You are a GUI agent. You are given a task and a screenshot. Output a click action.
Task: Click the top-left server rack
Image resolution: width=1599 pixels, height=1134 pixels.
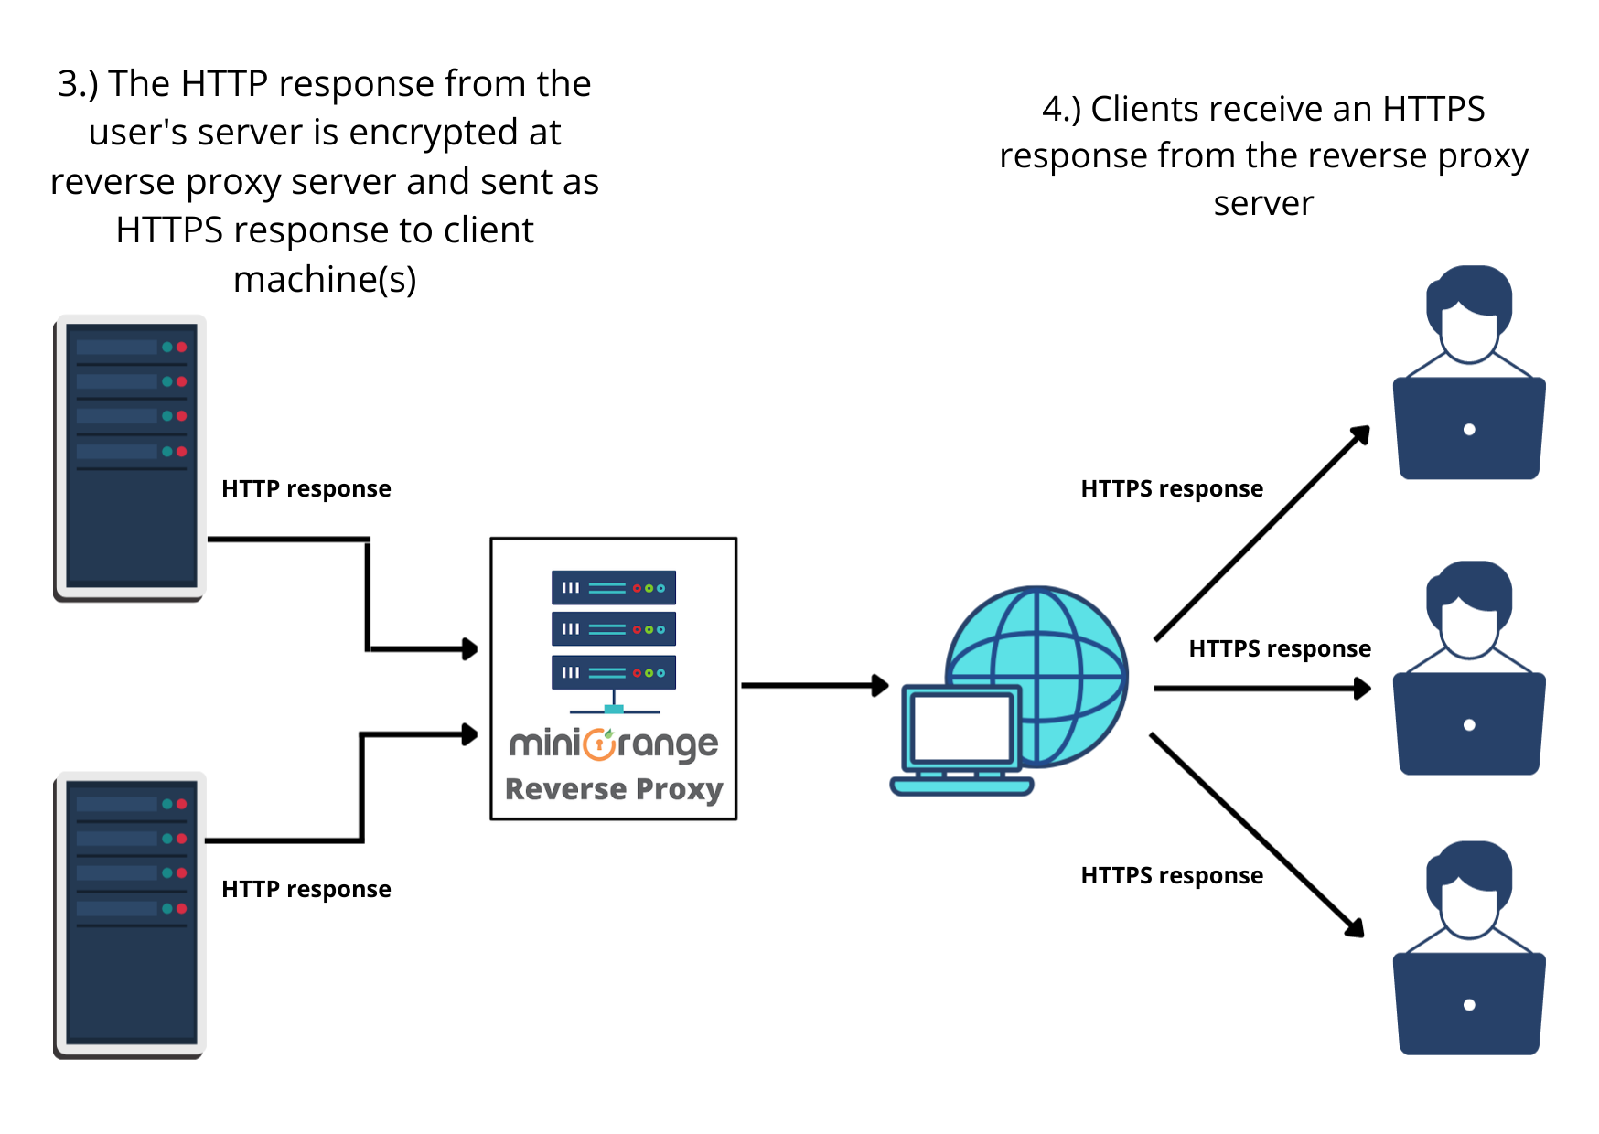[x=130, y=457]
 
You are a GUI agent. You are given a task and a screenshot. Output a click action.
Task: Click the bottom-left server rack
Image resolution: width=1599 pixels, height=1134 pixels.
[x=130, y=915]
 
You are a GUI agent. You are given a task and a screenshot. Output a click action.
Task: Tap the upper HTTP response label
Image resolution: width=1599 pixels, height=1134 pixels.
[x=306, y=489]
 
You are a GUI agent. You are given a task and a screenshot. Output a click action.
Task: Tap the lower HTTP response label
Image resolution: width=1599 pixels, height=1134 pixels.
[x=306, y=890]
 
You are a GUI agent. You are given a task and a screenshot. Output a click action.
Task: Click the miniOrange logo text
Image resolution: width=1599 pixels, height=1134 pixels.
[x=613, y=744]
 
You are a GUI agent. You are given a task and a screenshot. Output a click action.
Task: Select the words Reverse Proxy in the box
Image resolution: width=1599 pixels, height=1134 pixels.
[x=613, y=789]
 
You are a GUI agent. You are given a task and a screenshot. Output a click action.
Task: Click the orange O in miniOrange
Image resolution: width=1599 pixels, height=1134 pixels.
[x=599, y=744]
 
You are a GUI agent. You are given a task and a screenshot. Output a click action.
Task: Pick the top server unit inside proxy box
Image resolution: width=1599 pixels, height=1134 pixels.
[x=613, y=588]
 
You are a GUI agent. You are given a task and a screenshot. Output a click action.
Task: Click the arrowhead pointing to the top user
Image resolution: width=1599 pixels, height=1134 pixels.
[x=1361, y=434]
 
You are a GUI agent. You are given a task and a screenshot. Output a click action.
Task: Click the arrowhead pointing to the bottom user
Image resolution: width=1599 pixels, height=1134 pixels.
[x=1356, y=928]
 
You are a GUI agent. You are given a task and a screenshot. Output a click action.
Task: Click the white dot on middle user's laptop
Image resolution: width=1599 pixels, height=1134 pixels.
[x=1469, y=725]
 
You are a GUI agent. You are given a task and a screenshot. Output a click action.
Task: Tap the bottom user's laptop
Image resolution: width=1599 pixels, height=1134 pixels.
[x=1469, y=1004]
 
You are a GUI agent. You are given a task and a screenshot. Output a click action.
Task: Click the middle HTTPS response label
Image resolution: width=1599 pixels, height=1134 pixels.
[x=1279, y=649]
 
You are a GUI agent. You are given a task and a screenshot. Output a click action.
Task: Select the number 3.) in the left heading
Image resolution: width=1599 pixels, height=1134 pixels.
[x=77, y=84]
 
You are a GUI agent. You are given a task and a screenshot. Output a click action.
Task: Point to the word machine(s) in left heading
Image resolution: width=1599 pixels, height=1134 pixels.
[x=325, y=279]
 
